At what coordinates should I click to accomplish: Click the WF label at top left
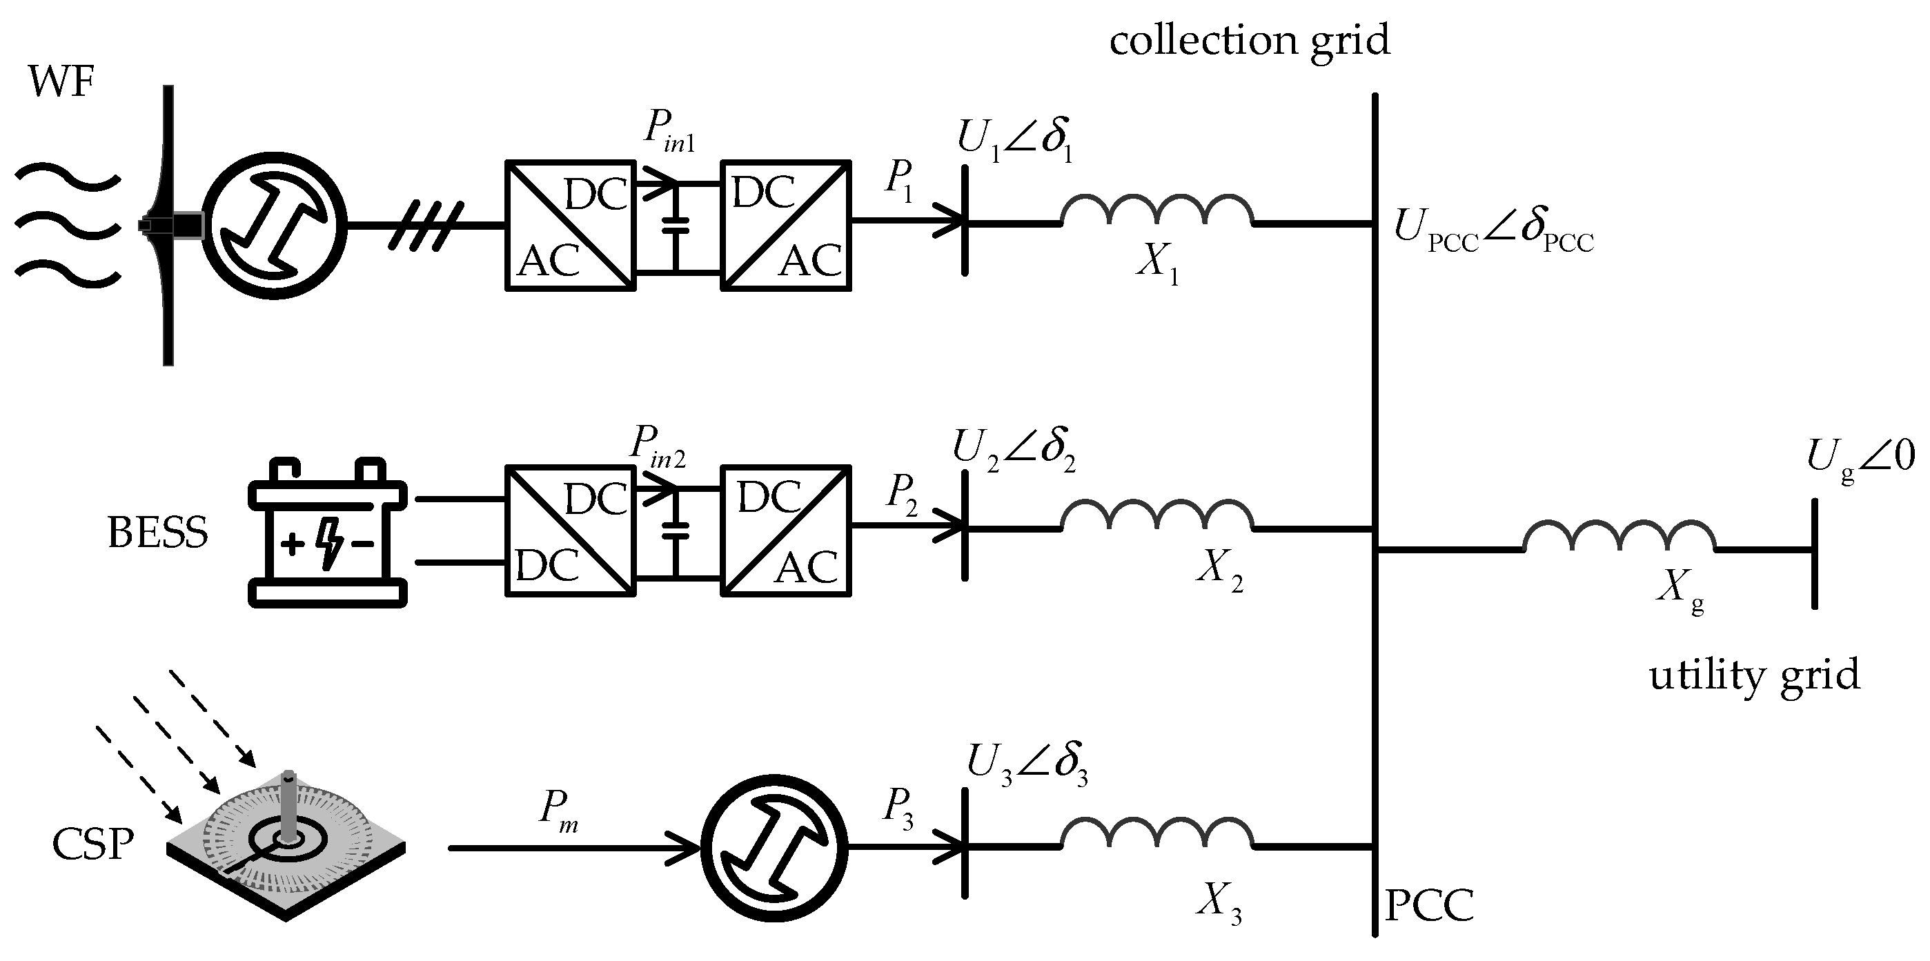[x=61, y=81]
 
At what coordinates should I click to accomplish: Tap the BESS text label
[x=157, y=533]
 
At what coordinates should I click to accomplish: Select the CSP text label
[x=93, y=845]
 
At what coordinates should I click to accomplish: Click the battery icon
[x=327, y=533]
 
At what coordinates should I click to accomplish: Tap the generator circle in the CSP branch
[x=774, y=848]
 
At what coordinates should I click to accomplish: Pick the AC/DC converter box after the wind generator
[x=570, y=226]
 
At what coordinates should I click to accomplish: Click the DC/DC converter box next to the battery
[x=570, y=531]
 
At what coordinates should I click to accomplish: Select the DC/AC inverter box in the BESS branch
[x=786, y=531]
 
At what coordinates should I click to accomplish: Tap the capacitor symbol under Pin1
[x=676, y=226]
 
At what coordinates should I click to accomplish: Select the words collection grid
[x=1249, y=40]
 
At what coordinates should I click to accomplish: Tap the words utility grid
[x=1755, y=675]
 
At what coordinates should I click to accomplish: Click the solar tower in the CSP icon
[x=288, y=803]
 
